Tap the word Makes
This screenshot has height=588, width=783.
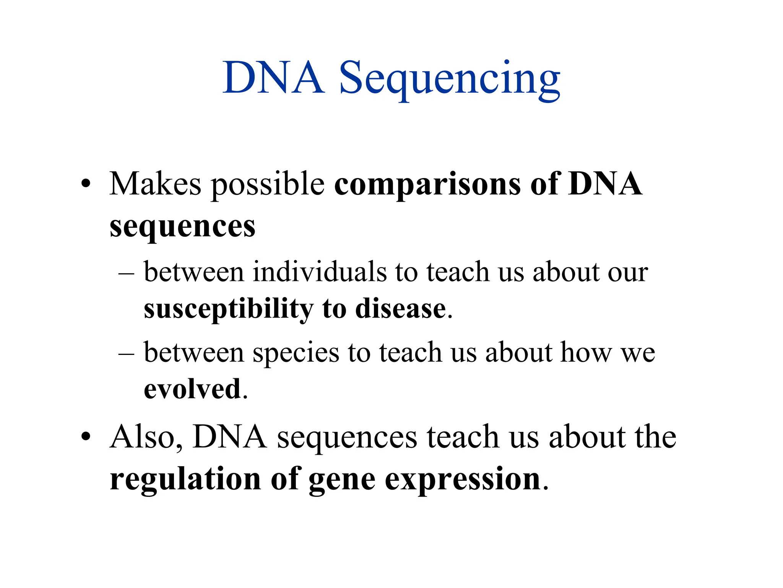(x=155, y=184)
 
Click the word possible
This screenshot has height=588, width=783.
(x=268, y=185)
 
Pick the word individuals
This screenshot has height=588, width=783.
(x=320, y=272)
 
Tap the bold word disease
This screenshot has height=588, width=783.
(x=400, y=309)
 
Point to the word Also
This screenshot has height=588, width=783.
(x=146, y=437)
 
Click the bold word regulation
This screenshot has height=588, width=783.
(x=185, y=479)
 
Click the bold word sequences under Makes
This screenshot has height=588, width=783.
(x=182, y=227)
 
